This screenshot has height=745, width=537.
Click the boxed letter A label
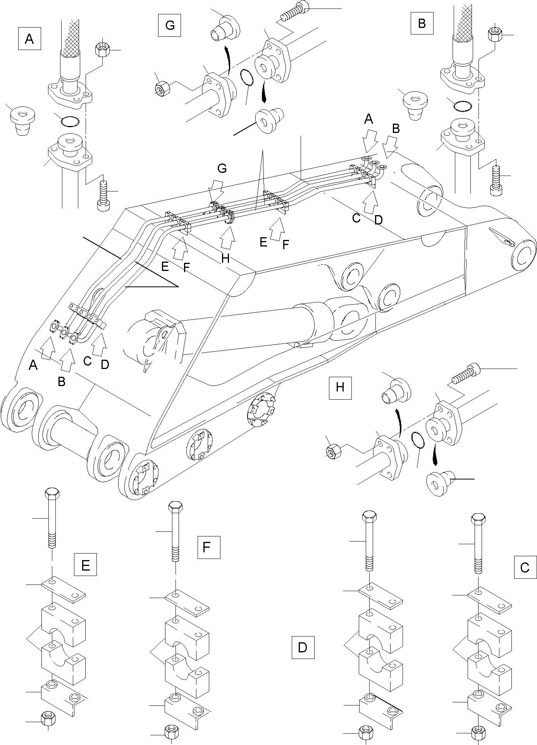29,39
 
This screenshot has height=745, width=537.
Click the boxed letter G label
170,25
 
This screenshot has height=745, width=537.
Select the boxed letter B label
422,23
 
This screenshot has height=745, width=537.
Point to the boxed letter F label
208,547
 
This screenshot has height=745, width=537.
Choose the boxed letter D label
303,647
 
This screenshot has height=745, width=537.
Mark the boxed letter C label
525,567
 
